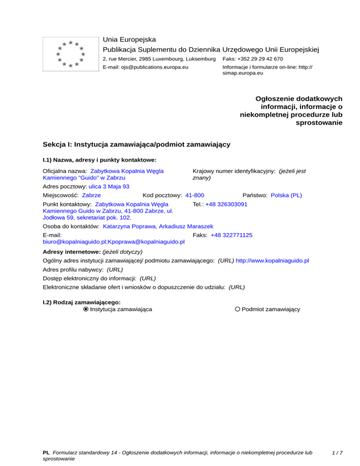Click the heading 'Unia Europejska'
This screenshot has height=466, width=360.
[129, 39]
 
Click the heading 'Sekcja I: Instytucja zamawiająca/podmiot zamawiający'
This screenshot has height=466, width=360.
[136, 144]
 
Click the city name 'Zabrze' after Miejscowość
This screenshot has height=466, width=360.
[91, 195]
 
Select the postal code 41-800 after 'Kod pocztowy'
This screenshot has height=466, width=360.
[195, 195]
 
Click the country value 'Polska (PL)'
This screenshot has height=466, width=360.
[286, 195]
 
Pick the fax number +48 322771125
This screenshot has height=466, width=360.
[232, 235]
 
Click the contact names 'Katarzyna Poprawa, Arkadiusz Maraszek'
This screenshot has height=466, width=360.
[158, 226]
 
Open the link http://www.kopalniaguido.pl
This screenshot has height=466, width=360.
[272, 260]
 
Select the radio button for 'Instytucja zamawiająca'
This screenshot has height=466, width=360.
[86, 309]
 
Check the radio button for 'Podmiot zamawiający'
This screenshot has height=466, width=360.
[238, 309]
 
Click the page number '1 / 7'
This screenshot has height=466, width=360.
[337, 453]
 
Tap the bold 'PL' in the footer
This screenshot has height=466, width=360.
[46, 453]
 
